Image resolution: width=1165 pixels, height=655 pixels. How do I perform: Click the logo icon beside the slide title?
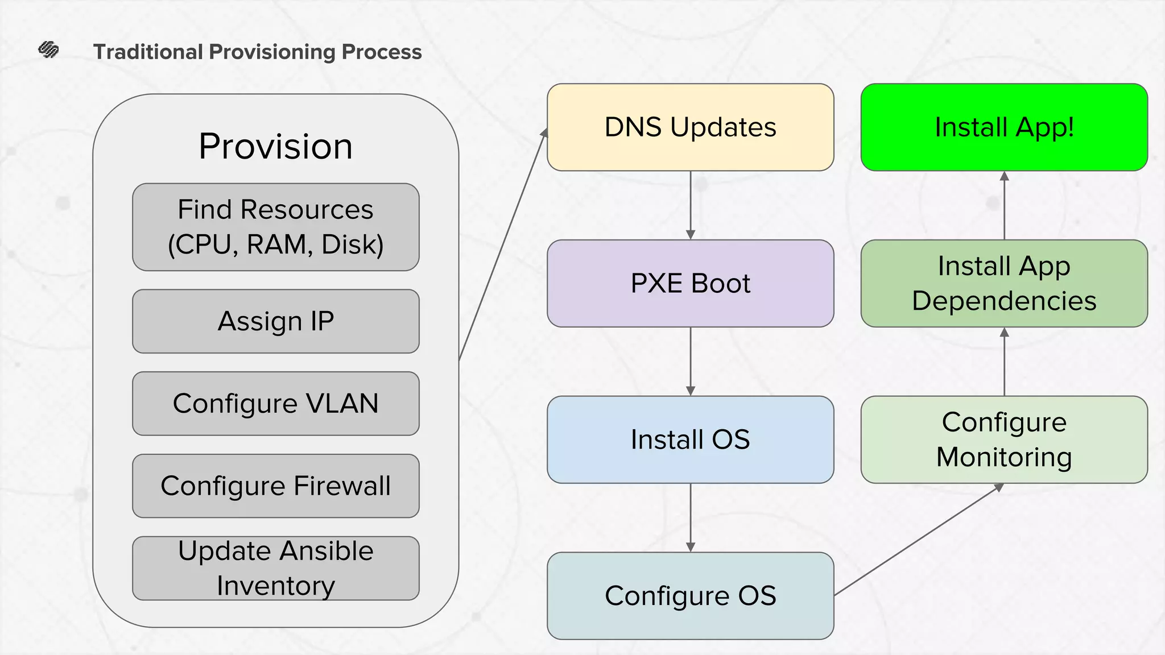(x=48, y=50)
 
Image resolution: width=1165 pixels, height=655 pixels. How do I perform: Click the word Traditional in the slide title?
(x=148, y=52)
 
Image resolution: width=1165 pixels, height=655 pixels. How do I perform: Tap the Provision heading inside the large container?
(x=275, y=146)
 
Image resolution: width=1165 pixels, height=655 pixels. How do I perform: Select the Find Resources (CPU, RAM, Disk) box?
(x=275, y=227)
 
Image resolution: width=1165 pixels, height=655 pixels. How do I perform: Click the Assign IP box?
(x=275, y=321)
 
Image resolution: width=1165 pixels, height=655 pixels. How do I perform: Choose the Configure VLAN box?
(x=275, y=404)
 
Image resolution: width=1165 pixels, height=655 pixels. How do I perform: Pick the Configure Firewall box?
(x=275, y=486)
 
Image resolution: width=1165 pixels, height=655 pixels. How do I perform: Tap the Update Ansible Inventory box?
(x=275, y=568)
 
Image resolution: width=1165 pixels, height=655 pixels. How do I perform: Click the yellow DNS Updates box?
(x=690, y=127)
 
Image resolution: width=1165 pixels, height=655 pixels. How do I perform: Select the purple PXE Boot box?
(x=690, y=283)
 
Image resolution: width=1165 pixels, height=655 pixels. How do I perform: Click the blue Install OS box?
(x=690, y=440)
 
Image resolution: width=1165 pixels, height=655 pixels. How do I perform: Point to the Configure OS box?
(x=690, y=595)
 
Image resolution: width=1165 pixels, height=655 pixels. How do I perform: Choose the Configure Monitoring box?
(x=1004, y=440)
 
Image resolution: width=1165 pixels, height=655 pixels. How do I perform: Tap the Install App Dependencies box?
(x=1004, y=283)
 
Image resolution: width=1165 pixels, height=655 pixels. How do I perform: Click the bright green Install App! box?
(x=1004, y=127)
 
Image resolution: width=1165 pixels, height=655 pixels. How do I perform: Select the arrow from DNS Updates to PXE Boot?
(x=691, y=205)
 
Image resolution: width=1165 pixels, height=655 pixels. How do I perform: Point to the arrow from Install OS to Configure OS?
(x=691, y=517)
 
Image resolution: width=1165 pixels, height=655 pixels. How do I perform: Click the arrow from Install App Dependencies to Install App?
(x=1004, y=205)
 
